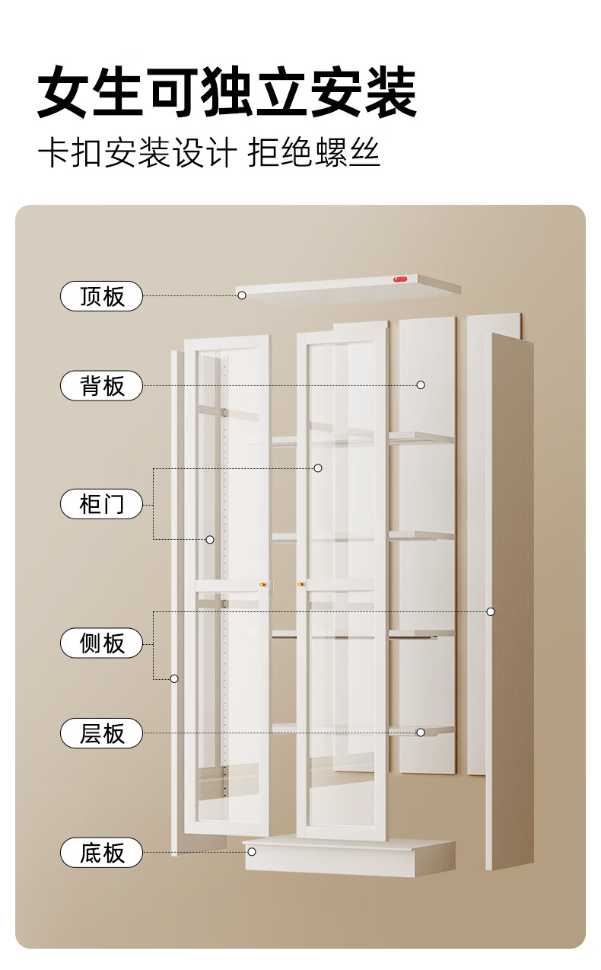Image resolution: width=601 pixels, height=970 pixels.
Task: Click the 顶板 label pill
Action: (101, 295)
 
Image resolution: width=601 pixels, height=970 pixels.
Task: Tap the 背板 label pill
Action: (101, 386)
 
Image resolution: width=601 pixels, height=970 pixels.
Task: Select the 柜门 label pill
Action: (101, 504)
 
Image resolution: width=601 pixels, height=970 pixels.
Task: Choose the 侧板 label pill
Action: (101, 643)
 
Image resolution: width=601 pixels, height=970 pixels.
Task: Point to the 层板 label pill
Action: (101, 733)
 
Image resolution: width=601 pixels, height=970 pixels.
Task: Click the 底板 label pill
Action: (101, 853)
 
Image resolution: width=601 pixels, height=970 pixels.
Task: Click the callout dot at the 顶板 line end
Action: (241, 295)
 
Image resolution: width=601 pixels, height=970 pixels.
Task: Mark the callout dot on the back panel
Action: (420, 384)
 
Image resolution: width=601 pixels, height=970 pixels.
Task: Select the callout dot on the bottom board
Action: (252, 851)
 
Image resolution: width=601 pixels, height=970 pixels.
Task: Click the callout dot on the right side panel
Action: (491, 611)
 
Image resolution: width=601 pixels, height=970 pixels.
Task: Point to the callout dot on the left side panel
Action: (174, 678)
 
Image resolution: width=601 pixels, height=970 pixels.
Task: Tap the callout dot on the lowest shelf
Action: (420, 732)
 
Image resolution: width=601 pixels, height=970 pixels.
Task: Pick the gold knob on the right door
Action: (301, 585)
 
